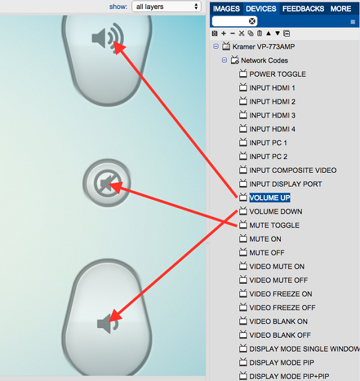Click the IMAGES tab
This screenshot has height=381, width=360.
[x=226, y=9]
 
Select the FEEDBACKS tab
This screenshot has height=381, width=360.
[x=303, y=9]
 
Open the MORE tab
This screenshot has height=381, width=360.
[x=341, y=9]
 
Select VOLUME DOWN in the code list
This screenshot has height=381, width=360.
[x=275, y=212]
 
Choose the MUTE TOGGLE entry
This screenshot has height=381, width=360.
[x=274, y=226]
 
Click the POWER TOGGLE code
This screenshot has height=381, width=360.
[x=277, y=74]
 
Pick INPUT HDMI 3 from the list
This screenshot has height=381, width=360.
[x=272, y=116]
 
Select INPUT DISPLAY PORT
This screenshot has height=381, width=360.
[x=286, y=184]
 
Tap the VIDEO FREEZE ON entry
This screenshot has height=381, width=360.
[x=281, y=294]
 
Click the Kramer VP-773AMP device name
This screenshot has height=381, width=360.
[x=263, y=47]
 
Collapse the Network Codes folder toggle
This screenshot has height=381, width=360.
[x=224, y=61]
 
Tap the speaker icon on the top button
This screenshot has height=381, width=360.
[x=106, y=38]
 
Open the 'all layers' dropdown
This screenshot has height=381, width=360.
[x=166, y=7]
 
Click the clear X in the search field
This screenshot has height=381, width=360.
[x=253, y=21]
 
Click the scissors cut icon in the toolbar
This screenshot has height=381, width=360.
[x=241, y=34]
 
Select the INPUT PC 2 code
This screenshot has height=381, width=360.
[x=268, y=157]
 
